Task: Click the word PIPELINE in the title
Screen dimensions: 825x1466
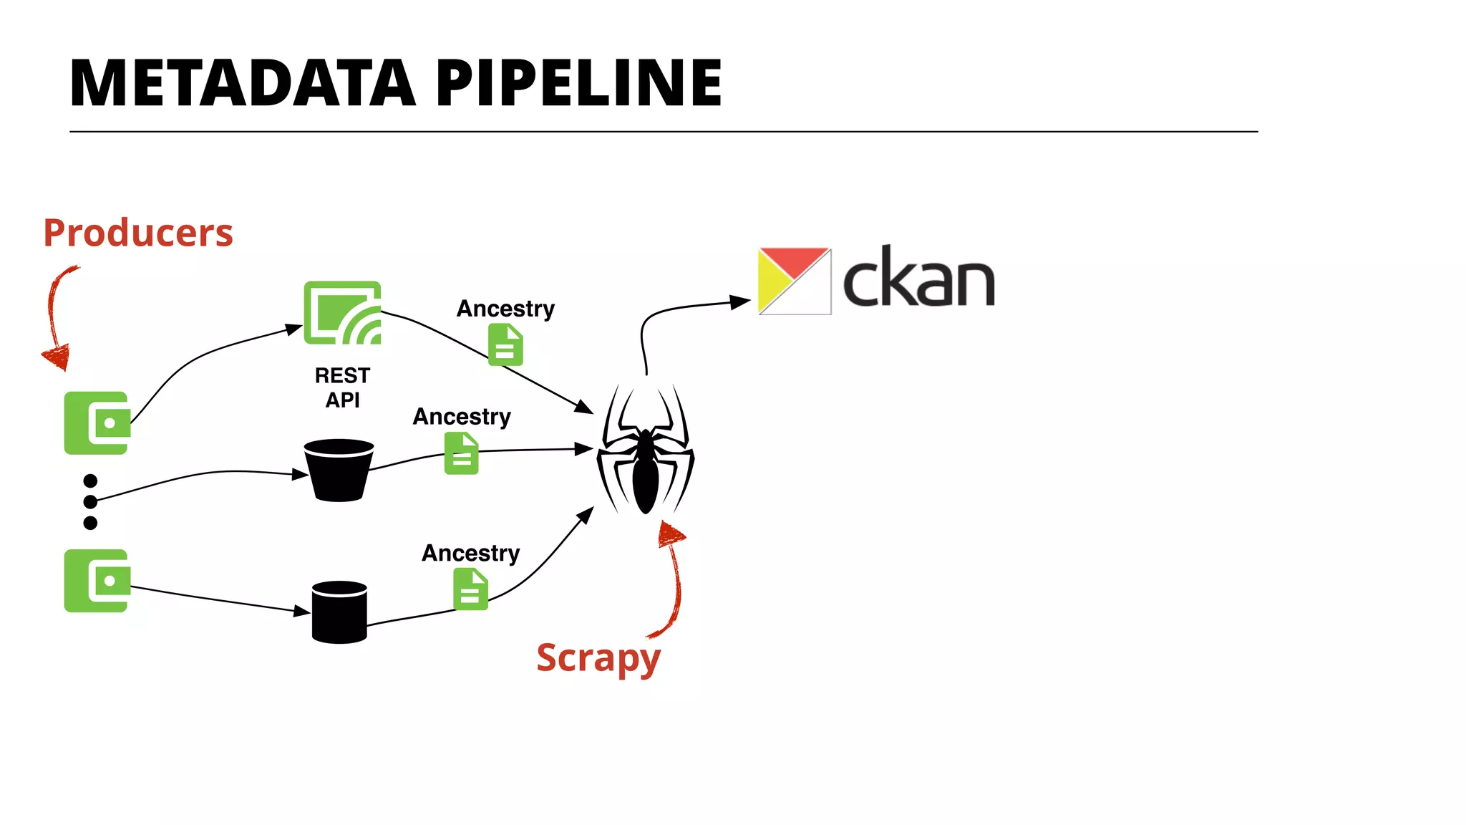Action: point(578,84)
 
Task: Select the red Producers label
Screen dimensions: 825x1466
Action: point(138,233)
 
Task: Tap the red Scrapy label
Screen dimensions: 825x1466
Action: point(598,657)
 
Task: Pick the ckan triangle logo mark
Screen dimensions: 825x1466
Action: point(794,281)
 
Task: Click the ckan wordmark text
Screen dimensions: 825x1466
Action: point(919,279)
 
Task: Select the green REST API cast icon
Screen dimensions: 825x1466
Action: point(342,313)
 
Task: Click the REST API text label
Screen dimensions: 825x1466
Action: point(342,387)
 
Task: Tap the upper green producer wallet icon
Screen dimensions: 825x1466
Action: point(97,423)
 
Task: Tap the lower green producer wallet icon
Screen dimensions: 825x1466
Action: point(97,581)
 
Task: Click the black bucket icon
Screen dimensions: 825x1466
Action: point(339,470)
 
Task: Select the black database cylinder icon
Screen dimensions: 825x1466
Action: point(339,612)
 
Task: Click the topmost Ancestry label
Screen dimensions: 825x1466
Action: point(505,309)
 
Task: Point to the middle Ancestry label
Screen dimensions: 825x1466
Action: point(462,417)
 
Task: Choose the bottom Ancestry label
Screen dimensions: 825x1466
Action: point(470,554)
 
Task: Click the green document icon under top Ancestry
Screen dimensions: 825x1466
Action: point(505,344)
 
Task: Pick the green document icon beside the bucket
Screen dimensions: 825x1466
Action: point(461,453)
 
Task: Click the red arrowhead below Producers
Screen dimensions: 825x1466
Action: point(57,356)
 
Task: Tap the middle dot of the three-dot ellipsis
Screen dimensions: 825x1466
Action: point(90,501)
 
